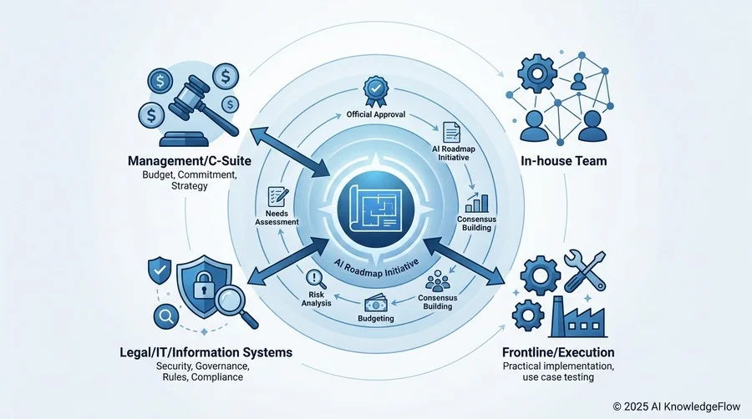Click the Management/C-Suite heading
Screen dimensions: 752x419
189,161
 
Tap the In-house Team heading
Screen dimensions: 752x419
563,161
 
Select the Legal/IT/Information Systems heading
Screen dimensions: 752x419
206,353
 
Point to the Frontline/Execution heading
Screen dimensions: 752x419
558,353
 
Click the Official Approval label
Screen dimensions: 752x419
376,114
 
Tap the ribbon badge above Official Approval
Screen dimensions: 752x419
376,91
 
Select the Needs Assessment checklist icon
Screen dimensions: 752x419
278,197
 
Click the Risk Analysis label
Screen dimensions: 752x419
316,299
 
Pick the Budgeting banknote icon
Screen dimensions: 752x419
375,304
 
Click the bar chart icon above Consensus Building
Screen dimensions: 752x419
477,203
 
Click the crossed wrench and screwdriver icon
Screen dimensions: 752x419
585,271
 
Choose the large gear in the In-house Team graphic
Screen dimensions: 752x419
537,73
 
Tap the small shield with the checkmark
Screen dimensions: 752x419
160,271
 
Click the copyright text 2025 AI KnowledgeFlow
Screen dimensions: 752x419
677,406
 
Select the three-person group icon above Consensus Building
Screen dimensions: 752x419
437,280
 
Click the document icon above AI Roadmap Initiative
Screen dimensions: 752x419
451,133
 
